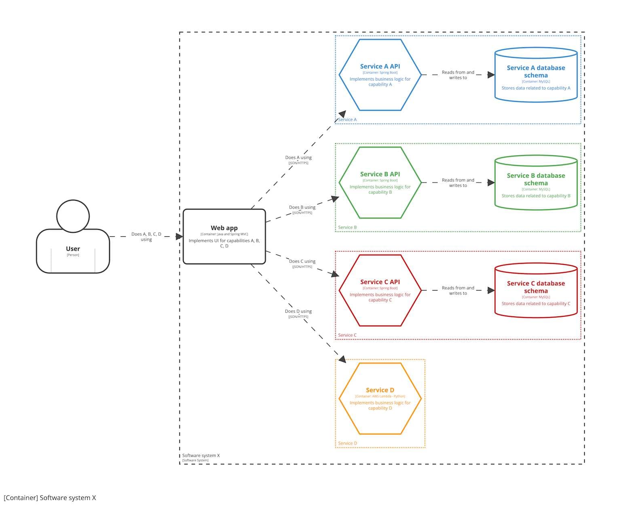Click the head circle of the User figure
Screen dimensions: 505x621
click(x=73, y=216)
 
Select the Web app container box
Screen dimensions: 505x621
click(x=224, y=236)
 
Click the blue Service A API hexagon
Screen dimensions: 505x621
click(x=380, y=75)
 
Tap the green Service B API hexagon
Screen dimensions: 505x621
click(x=380, y=183)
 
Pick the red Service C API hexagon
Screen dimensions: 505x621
click(x=380, y=290)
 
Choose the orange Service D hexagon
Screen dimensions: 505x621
click(x=380, y=398)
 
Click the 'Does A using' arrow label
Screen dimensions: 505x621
click(x=298, y=158)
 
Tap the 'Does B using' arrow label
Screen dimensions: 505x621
click(x=302, y=208)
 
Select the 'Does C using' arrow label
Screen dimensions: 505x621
click(x=302, y=262)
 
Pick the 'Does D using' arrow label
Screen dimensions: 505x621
click(x=298, y=311)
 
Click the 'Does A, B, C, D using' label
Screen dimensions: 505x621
click(x=146, y=237)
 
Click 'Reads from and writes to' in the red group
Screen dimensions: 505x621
click(x=458, y=290)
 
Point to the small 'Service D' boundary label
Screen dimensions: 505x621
click(x=347, y=443)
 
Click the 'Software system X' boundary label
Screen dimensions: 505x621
click(x=201, y=456)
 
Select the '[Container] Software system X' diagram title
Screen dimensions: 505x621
click(x=50, y=498)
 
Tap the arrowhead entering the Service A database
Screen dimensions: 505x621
click(x=491, y=75)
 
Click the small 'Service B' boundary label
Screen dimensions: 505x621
click(x=347, y=227)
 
